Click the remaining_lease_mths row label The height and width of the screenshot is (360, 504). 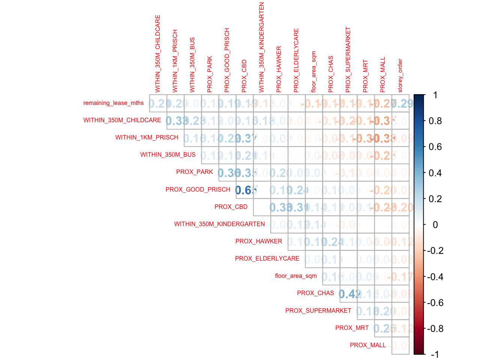pyautogui.click(x=113, y=103)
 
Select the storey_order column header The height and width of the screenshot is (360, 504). pyautogui.click(x=400, y=75)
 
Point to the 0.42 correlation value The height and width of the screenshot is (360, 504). pyautogui.click(x=349, y=294)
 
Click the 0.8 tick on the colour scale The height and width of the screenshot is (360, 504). pyautogui.click(x=435, y=121)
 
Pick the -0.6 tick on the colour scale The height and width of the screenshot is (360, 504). pyautogui.click(x=435, y=303)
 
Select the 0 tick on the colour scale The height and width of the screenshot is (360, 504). pyautogui.click(x=435, y=225)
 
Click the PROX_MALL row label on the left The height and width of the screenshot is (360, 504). pyautogui.click(x=368, y=345)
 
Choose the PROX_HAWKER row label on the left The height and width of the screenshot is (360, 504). pyautogui.click(x=259, y=241)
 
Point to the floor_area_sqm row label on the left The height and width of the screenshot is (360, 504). pyautogui.click(x=296, y=276)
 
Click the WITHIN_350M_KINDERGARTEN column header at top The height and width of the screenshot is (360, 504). pyautogui.click(x=262, y=47)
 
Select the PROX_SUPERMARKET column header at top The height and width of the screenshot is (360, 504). pyautogui.click(x=348, y=60)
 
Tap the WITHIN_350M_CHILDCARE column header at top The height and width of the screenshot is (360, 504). pyautogui.click(x=158, y=54)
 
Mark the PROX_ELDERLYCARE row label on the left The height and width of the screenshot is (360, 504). pyautogui.click(x=267, y=259)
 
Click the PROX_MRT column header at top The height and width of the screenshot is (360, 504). pyautogui.click(x=366, y=76)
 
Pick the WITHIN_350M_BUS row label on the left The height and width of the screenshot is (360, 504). pyautogui.click(x=168, y=155)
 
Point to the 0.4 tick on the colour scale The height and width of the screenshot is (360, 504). pyautogui.click(x=435, y=173)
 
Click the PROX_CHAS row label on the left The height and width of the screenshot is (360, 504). pyautogui.click(x=315, y=293)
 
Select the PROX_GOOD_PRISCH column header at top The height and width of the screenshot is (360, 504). pyautogui.click(x=227, y=60)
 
